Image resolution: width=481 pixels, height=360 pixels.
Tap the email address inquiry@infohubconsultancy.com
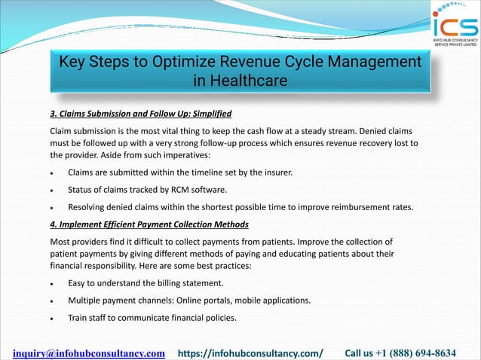89,352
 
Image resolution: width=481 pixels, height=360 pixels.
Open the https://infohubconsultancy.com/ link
250,352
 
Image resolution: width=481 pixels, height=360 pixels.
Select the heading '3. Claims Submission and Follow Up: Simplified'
140,114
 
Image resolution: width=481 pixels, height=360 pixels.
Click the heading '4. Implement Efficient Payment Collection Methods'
149,224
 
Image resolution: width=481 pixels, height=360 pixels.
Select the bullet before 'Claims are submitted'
52,173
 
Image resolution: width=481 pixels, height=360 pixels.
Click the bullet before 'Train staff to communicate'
52,319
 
